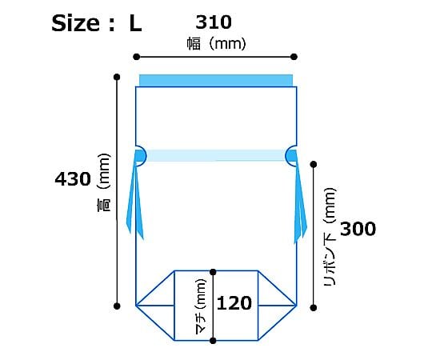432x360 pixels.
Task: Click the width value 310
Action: coord(214,22)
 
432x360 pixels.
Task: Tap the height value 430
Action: coord(73,178)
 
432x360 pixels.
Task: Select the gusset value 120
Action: coord(234,303)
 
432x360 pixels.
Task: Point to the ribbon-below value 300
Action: coord(358,229)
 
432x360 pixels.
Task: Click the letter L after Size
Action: coord(135,23)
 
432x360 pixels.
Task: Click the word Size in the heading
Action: coord(75,23)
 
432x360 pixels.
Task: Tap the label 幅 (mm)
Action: coord(217,44)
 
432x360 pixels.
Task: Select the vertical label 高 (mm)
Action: coord(104,182)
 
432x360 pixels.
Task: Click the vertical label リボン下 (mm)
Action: coord(330,237)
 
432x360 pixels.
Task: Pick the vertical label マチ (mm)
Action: coord(201,306)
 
